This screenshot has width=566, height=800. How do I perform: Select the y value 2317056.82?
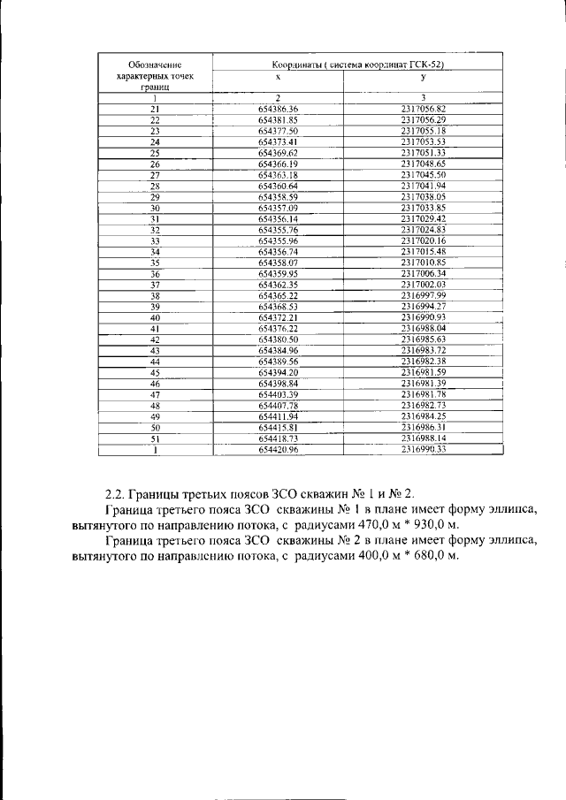[422, 108]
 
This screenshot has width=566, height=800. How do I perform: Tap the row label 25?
[154, 152]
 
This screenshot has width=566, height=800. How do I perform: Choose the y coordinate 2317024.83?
[422, 230]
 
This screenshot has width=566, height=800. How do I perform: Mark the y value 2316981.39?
[422, 383]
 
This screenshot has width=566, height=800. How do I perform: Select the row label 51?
[154, 438]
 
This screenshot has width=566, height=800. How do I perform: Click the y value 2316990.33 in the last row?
[422, 449]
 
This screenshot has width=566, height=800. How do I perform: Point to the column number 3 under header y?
[423, 96]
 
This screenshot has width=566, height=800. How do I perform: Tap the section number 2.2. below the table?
[116, 492]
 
